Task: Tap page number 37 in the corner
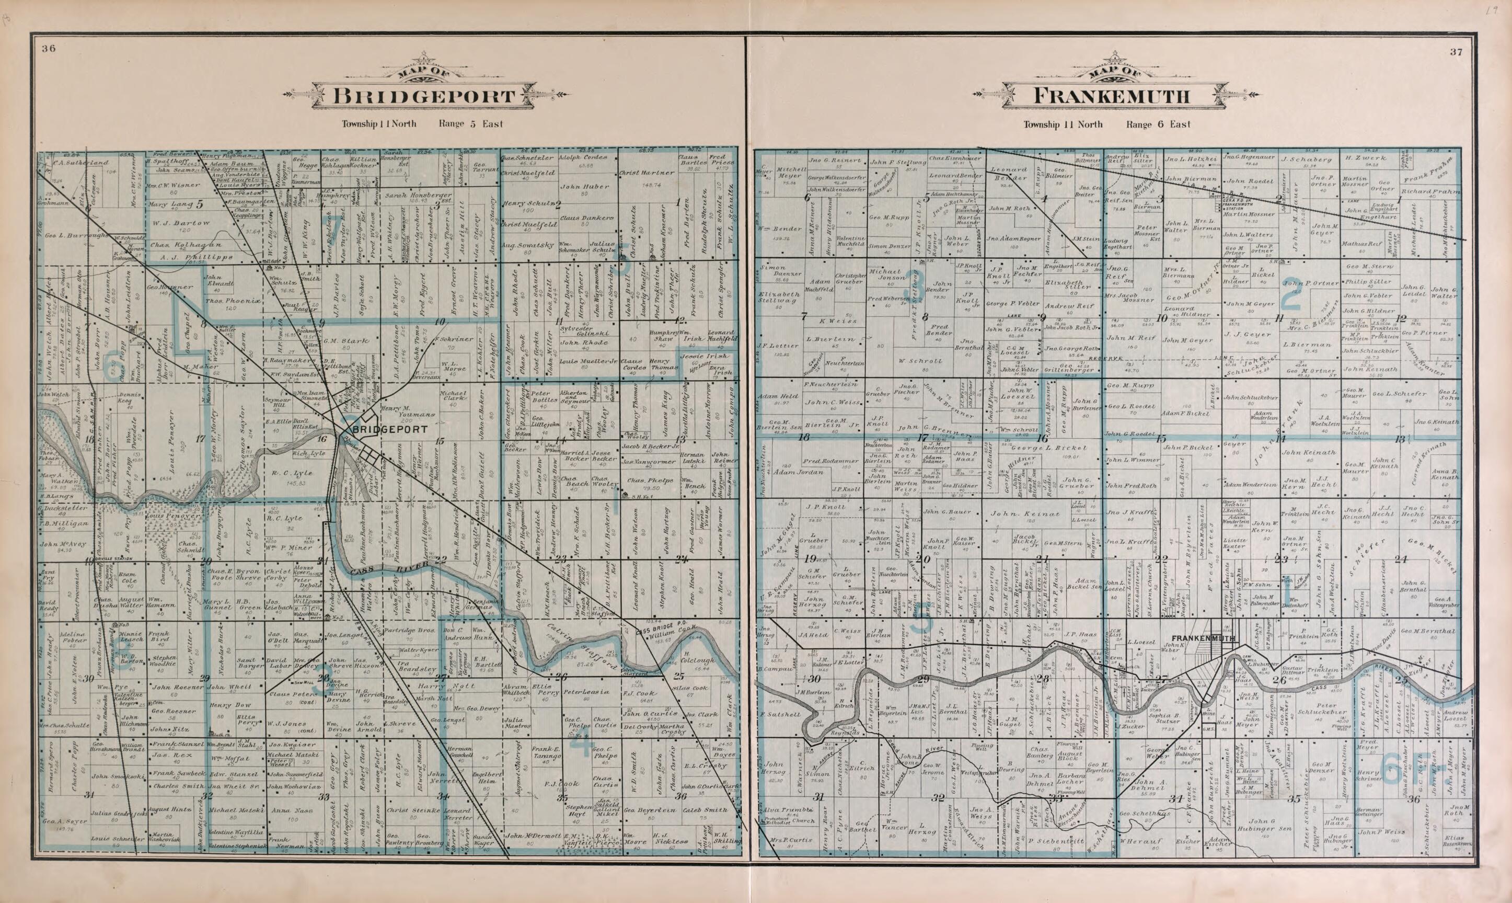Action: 1468,52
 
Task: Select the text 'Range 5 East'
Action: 471,124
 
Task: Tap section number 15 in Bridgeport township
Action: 439,441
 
